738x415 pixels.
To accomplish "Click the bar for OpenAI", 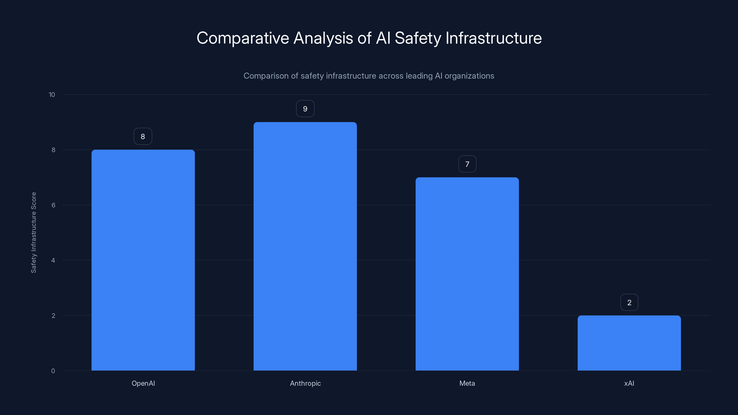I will [x=143, y=260].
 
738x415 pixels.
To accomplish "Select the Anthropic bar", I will [x=305, y=246].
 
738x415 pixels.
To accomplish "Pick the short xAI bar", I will [x=629, y=343].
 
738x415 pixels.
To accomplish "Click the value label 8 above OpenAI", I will [x=143, y=136].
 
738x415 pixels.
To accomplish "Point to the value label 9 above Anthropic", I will [x=305, y=109].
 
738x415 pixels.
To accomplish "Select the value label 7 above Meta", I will [x=467, y=164].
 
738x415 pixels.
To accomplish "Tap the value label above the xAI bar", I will [x=629, y=302].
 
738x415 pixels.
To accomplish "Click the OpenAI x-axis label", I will [x=143, y=383].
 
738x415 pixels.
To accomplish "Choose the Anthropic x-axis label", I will [x=305, y=383].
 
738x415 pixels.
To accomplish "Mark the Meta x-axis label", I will [x=467, y=383].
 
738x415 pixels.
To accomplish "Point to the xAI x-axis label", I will [x=629, y=383].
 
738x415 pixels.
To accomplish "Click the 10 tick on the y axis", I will [x=52, y=95].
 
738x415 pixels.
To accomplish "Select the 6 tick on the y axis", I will [x=53, y=205].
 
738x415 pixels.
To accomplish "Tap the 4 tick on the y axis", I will [x=53, y=260].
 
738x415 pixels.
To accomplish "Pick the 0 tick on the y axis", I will [x=53, y=371].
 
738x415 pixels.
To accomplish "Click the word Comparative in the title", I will [x=243, y=38].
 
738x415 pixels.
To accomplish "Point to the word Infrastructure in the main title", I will [x=494, y=38].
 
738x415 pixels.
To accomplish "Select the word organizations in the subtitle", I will [x=469, y=76].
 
